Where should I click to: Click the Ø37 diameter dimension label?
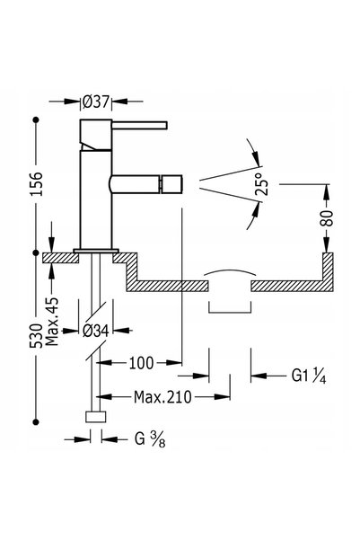point(96,102)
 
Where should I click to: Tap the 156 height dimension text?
point(37,184)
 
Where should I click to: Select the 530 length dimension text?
point(37,336)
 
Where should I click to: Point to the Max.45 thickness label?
point(52,322)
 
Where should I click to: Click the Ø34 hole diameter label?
point(96,331)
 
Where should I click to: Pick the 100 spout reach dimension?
point(141,363)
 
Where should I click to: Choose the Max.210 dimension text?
point(162,397)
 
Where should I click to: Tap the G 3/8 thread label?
point(150,439)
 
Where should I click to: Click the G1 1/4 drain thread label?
point(309,376)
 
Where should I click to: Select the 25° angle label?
point(263,184)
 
